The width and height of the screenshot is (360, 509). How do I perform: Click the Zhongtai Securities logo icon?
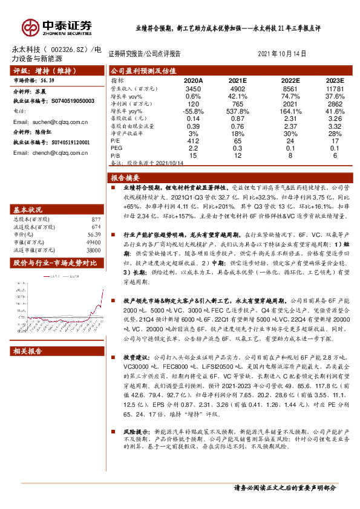(x=30, y=27)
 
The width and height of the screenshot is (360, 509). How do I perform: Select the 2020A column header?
(x=194, y=80)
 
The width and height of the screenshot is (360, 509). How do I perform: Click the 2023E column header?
(x=333, y=80)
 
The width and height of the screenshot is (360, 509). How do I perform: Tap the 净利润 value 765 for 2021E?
(x=237, y=104)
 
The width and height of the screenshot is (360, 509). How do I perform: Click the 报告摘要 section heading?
(x=126, y=178)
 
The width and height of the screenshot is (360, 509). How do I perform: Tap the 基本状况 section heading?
(x=29, y=210)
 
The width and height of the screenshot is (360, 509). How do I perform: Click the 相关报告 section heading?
(x=29, y=351)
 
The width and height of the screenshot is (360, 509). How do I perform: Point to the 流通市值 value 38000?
(x=91, y=248)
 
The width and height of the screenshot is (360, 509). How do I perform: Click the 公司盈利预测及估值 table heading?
(x=143, y=70)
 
